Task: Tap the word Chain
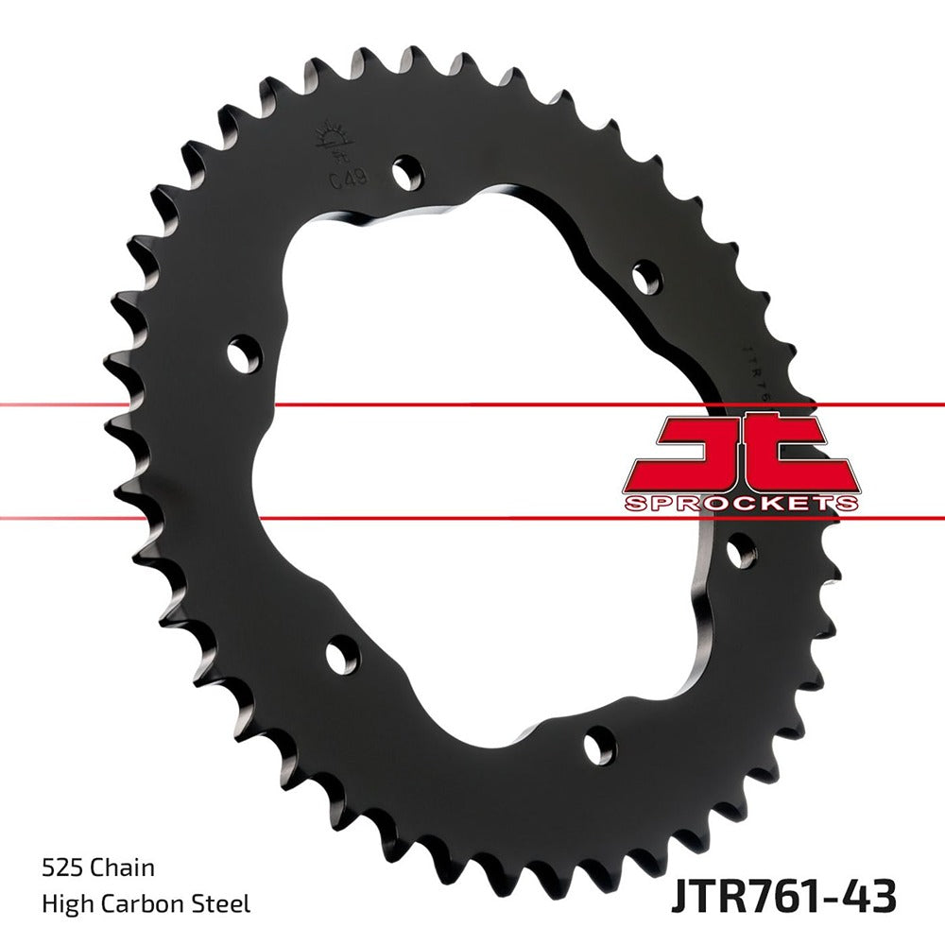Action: pyautogui.click(x=124, y=868)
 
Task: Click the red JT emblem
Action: pyautogui.click(x=742, y=452)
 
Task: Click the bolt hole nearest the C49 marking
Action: pyautogui.click(x=406, y=172)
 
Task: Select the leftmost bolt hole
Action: pyautogui.click(x=244, y=353)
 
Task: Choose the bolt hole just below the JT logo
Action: pyautogui.click(x=742, y=550)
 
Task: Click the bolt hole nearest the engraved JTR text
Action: pyautogui.click(x=647, y=277)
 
